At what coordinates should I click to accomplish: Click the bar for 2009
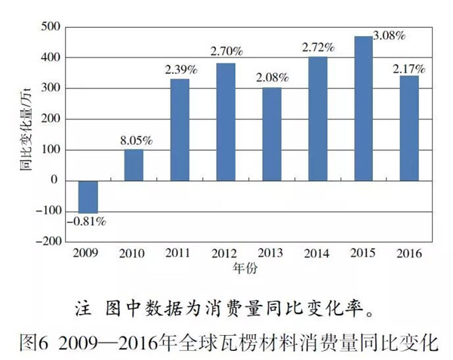click(x=88, y=196)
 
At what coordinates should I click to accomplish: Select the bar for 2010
click(x=134, y=165)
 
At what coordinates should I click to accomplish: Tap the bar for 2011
click(x=180, y=129)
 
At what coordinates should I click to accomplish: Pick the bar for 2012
click(x=226, y=122)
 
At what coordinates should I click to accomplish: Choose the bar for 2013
click(x=272, y=134)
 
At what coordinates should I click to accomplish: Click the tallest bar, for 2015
click(x=364, y=108)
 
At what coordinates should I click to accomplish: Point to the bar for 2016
click(x=410, y=128)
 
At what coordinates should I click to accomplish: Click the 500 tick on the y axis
click(x=51, y=27)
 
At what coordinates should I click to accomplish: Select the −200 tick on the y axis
click(x=48, y=242)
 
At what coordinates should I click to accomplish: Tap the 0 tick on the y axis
click(x=55, y=180)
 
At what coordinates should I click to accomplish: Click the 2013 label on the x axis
click(x=272, y=253)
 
